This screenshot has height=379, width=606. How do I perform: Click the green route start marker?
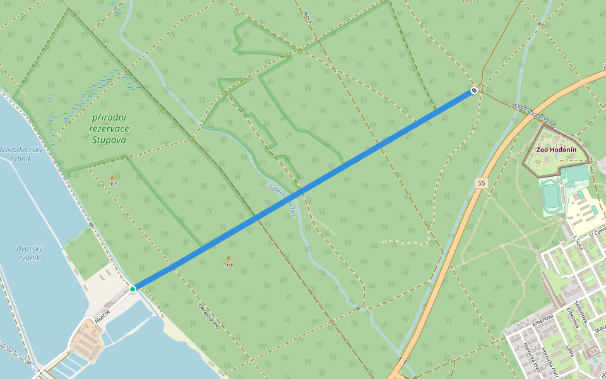(x=133, y=289)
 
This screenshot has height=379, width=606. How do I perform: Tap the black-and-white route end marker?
(x=473, y=91)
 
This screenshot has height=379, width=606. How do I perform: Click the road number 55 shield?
(x=482, y=183)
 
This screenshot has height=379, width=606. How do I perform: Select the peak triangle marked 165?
(x=112, y=177)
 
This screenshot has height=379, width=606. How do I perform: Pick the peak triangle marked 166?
(x=228, y=258)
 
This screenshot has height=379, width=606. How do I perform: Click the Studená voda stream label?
(x=282, y=198)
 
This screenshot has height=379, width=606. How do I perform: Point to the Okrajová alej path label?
(x=209, y=319)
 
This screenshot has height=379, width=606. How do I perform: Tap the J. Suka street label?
(x=576, y=243)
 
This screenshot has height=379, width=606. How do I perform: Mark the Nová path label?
(x=308, y=17)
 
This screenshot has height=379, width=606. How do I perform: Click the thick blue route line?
(x=303, y=189)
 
